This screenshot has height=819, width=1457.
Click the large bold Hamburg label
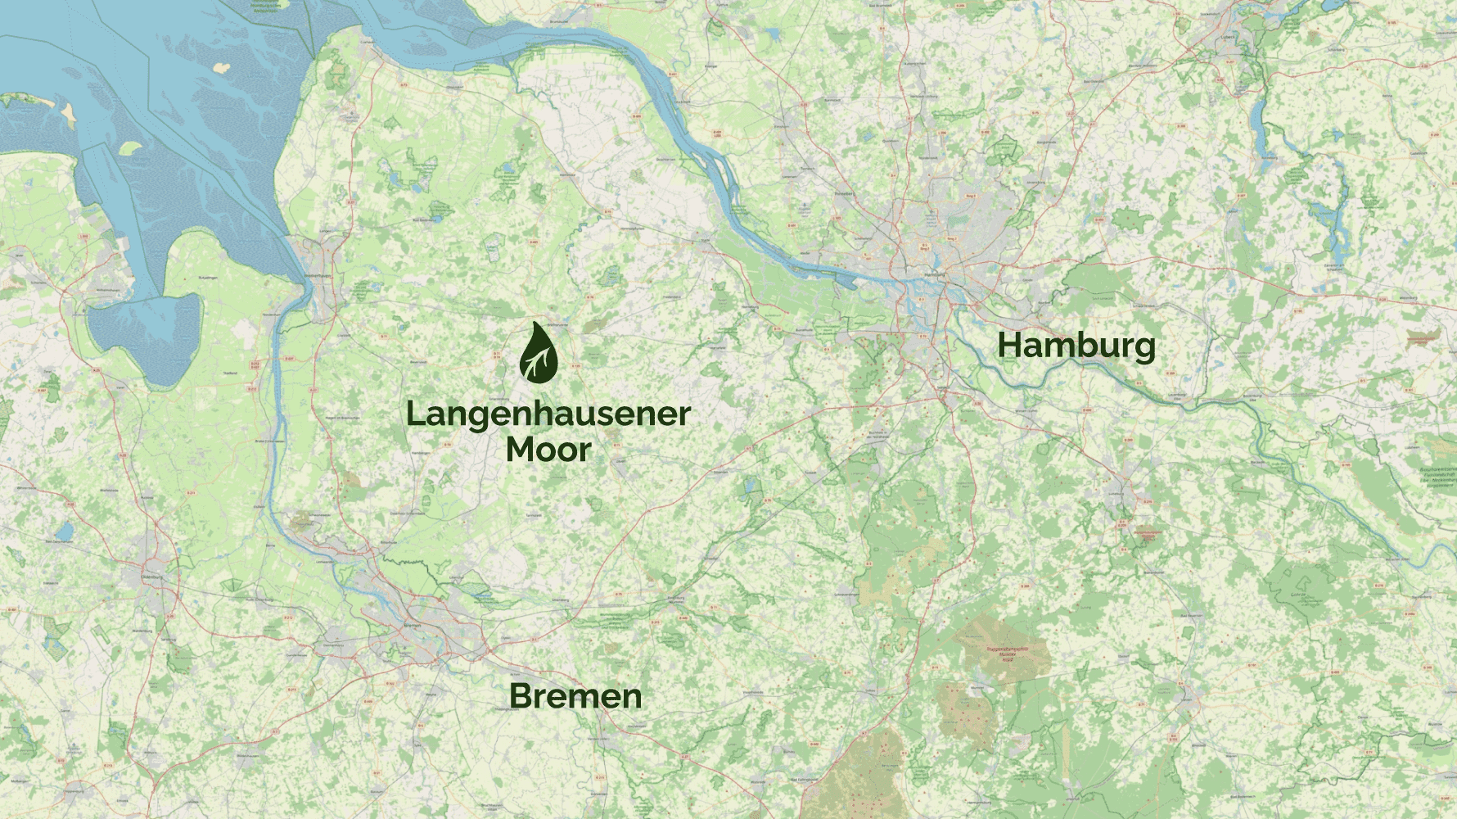click(1076, 346)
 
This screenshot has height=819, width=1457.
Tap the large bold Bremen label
click(575, 696)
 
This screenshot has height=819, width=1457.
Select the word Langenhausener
click(548, 414)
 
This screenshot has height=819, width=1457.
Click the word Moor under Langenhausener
click(548, 450)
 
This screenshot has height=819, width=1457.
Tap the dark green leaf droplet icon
click(539, 353)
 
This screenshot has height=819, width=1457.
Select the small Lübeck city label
click(1227, 38)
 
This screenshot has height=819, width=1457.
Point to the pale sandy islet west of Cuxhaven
click(221, 68)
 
